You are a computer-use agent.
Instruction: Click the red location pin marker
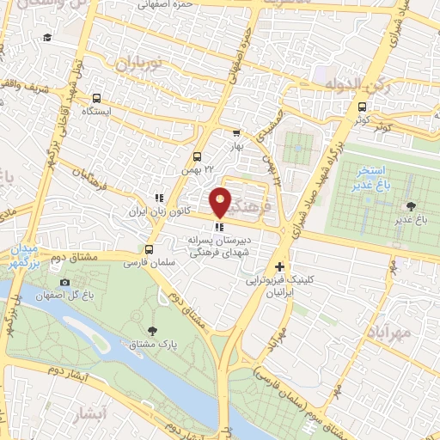coord(221,202)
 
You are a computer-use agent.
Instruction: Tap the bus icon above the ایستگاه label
coord(95,98)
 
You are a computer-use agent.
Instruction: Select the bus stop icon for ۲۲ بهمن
coord(197,156)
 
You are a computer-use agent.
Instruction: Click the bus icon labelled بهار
coord(236,133)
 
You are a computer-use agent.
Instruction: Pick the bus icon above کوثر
coord(361,107)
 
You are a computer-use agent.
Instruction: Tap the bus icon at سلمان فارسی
coord(150,249)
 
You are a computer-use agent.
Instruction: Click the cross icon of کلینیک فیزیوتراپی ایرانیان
coord(278,267)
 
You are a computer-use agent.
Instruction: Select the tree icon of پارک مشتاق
coord(153,330)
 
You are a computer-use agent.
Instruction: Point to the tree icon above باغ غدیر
coord(409,205)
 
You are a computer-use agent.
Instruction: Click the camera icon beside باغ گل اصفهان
coord(64,283)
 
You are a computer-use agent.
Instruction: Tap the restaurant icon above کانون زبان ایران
coord(157,197)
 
